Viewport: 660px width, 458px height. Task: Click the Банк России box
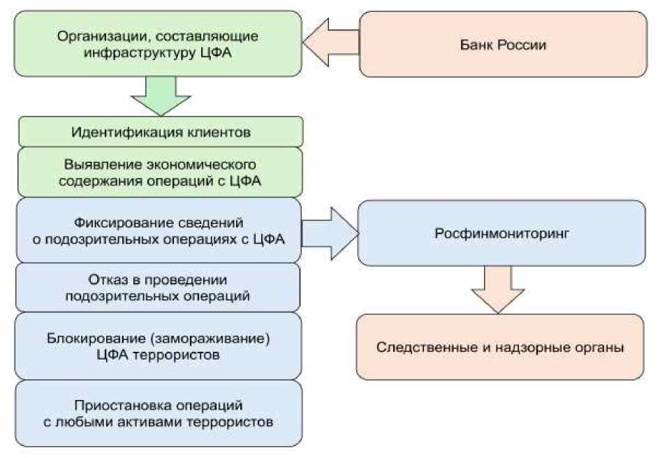[502, 44]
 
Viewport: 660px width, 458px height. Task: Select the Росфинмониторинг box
[501, 233]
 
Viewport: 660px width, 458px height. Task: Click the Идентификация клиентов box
[161, 131]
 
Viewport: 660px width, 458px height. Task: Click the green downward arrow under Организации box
[161, 96]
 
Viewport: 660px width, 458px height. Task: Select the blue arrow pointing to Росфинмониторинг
[328, 232]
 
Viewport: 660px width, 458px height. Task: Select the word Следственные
[416, 347]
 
